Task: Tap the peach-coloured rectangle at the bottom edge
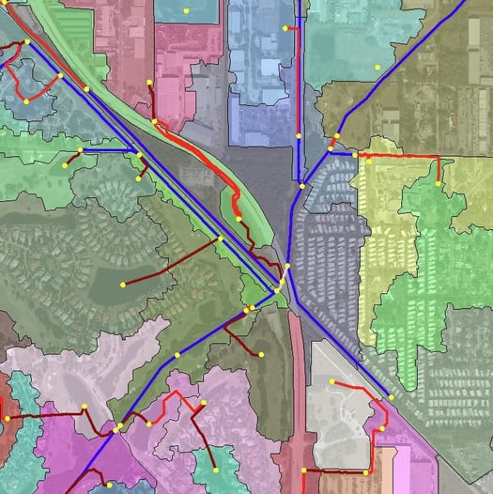(385, 470)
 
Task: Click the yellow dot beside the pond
(122, 284)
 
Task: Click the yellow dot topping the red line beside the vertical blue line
(285, 28)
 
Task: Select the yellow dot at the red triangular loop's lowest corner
(26, 100)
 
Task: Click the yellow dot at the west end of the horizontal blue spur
(81, 149)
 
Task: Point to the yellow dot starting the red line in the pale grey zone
(331, 380)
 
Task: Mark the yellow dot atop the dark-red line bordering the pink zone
(149, 84)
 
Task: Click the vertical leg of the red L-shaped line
(438, 170)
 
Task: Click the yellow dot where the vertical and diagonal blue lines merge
(301, 186)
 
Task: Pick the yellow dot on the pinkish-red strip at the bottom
(304, 470)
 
